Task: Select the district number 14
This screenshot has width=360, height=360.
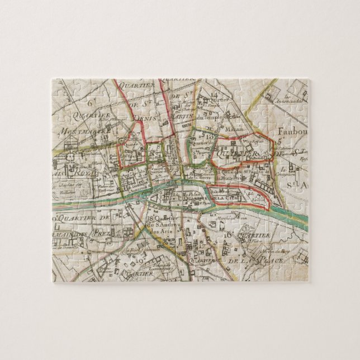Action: click(x=215, y=93)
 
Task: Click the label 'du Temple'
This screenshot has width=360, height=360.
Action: click(x=214, y=118)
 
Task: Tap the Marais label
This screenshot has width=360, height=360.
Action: click(x=235, y=126)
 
